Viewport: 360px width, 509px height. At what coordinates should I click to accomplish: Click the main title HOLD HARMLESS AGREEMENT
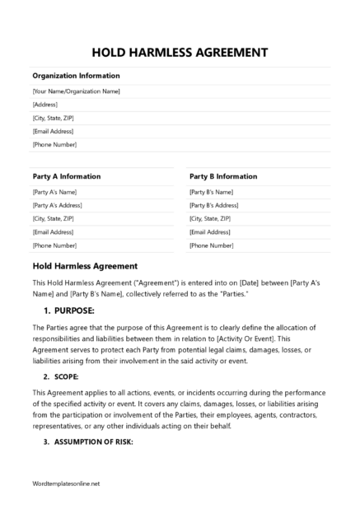point(180,52)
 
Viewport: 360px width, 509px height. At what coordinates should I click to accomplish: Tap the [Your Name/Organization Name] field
point(76,91)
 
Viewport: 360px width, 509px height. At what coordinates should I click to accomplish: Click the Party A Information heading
point(67,176)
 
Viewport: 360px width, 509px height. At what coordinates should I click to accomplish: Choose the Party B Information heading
point(223,176)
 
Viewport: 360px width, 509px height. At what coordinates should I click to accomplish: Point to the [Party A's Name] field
point(55,191)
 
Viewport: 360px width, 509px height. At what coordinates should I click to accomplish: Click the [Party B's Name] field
point(212,191)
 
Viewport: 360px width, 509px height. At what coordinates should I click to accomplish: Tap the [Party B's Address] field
point(214,204)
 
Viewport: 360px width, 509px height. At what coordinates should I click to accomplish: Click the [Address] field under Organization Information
point(45,105)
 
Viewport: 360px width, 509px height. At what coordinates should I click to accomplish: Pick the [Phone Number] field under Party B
point(212,245)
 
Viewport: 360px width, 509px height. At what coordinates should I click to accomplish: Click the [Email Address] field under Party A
point(54,232)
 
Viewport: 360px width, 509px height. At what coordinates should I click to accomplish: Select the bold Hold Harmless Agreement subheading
point(85,266)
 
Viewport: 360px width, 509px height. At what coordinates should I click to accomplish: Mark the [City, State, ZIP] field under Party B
point(210,218)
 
